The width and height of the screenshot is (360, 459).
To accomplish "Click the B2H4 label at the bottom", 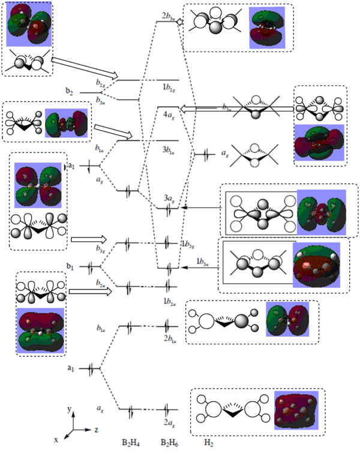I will [x=131, y=443].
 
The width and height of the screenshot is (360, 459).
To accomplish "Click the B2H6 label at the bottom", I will [x=169, y=443].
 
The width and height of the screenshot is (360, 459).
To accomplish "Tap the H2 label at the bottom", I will [x=208, y=443].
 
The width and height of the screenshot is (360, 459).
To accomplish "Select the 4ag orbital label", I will [x=169, y=111].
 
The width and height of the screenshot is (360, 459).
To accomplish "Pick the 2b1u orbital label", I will [x=169, y=338].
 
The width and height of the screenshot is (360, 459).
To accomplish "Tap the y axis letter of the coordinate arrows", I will [x=70, y=410].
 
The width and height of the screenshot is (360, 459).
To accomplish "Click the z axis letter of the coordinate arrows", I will [x=97, y=430].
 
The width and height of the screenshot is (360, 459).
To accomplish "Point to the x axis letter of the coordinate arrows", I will [x=56, y=440].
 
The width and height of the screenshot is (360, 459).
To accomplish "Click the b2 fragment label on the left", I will [x=70, y=92].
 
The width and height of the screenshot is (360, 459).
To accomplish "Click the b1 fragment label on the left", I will [x=70, y=265].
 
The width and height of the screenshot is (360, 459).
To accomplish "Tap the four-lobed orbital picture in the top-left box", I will [x=30, y=27].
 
